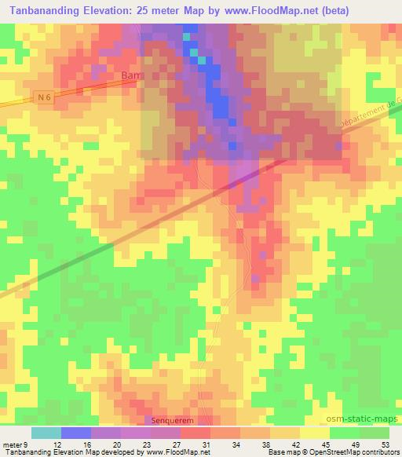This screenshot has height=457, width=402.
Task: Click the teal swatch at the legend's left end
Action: click(x=46, y=433)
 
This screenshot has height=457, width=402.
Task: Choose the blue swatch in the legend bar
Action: click(x=75, y=433)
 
